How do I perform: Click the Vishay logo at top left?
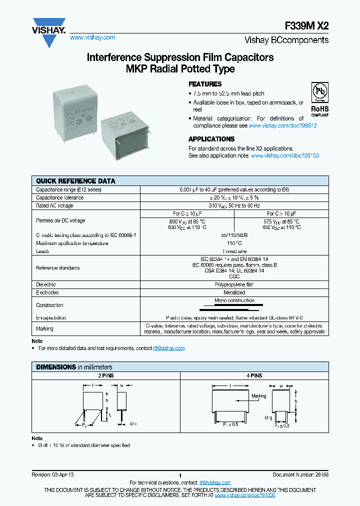(49, 31)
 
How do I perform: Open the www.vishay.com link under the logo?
(92, 37)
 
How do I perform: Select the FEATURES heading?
(204, 84)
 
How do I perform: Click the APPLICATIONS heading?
(211, 139)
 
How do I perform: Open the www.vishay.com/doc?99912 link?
(282, 126)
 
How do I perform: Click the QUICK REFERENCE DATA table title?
(75, 181)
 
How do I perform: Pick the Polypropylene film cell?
(234, 284)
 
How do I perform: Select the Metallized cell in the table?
(234, 292)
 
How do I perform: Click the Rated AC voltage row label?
(54, 205)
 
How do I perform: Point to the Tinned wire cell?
(234, 251)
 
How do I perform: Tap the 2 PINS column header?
(105, 375)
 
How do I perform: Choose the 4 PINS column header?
(254, 375)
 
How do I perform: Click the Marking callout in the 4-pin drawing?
(258, 396)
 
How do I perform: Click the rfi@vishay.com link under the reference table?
(169, 348)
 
